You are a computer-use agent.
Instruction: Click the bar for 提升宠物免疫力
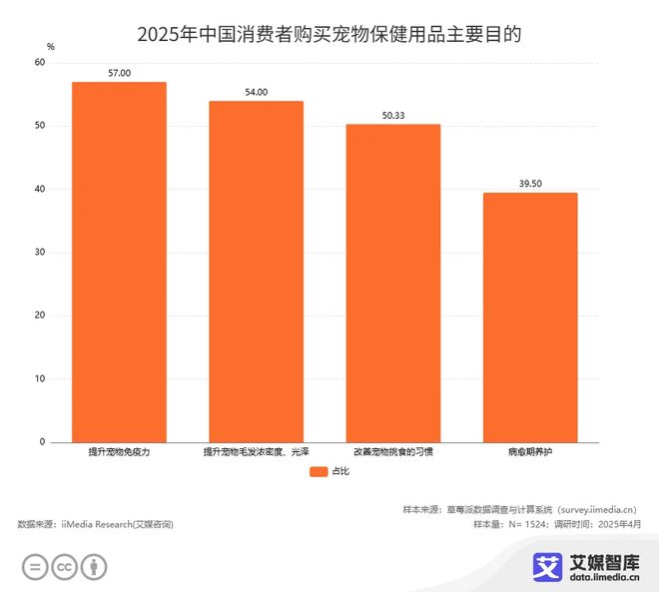tap(119, 262)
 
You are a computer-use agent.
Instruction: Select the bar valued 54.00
tap(256, 272)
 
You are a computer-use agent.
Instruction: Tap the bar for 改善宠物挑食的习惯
tap(392, 283)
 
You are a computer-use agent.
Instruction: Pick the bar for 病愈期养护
tap(530, 317)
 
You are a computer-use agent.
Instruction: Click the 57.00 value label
tap(119, 73)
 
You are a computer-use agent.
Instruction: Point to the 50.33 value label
tap(393, 116)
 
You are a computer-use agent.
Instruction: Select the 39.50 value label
tap(530, 184)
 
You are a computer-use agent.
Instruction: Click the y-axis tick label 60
tap(40, 63)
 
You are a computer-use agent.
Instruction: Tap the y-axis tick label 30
tap(40, 253)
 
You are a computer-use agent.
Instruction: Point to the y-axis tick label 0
tap(43, 442)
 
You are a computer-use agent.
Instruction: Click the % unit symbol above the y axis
tap(51, 47)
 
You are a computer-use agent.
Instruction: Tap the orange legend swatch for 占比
tap(319, 471)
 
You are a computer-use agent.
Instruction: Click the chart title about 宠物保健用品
tap(329, 34)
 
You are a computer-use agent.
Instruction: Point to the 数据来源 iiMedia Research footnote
tap(95, 524)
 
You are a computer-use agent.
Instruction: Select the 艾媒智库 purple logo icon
tap(547, 566)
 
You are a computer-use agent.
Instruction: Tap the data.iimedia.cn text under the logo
tap(605, 578)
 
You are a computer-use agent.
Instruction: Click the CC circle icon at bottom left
tap(64, 567)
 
